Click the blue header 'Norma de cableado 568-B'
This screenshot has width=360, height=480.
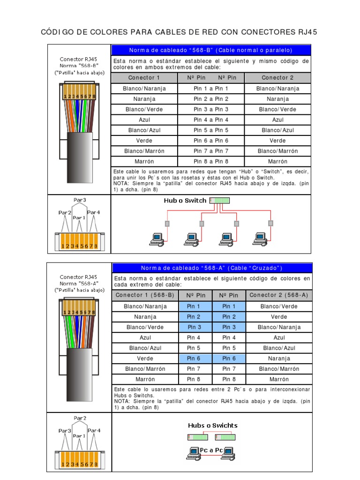[210, 50]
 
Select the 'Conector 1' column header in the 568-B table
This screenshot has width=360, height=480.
[144, 78]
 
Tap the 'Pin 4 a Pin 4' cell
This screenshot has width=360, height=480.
[211, 120]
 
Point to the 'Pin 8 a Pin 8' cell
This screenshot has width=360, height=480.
[211, 161]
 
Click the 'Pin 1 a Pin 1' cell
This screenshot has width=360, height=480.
[211, 89]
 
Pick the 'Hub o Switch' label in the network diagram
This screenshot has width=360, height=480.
[185, 201]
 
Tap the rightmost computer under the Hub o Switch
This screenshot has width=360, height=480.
[260, 239]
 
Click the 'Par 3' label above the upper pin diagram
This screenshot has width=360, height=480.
[80, 200]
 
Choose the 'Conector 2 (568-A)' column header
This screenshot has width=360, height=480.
[279, 295]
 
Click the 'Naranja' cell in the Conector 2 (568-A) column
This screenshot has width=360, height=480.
[279, 359]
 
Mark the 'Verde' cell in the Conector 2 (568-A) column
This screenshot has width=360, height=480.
[279, 317]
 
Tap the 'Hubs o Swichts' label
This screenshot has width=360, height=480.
[212, 426]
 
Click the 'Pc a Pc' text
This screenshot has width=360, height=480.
[211, 450]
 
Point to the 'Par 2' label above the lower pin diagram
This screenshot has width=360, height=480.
[80, 418]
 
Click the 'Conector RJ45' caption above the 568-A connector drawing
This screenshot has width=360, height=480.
[78, 277]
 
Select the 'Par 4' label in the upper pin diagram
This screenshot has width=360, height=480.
[94, 212]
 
